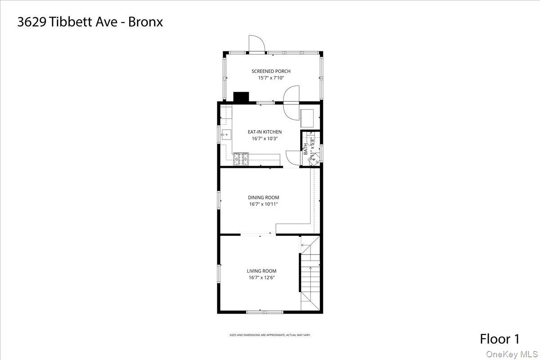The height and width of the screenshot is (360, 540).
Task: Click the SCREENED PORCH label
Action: (271, 71)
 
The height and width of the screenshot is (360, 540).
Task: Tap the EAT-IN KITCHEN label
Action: (265, 132)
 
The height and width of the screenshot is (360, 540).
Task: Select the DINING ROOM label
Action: (264, 197)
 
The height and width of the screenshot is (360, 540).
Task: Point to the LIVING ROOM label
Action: (261, 271)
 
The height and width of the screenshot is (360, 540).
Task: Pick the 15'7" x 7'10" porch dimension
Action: (271, 78)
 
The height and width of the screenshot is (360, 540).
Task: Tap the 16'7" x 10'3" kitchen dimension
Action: (265, 139)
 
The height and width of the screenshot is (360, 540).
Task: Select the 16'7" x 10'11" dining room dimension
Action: (264, 204)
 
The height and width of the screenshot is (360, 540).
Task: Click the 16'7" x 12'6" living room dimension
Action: (261, 278)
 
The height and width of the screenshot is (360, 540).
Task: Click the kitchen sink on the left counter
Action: (226, 133)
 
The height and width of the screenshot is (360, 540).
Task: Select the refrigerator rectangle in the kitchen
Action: (308, 117)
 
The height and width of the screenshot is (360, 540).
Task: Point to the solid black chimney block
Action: (241, 97)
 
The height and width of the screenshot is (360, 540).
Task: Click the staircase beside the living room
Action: (310, 274)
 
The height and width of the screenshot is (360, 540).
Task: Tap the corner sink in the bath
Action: (316, 158)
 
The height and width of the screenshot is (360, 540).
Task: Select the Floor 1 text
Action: (499, 339)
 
